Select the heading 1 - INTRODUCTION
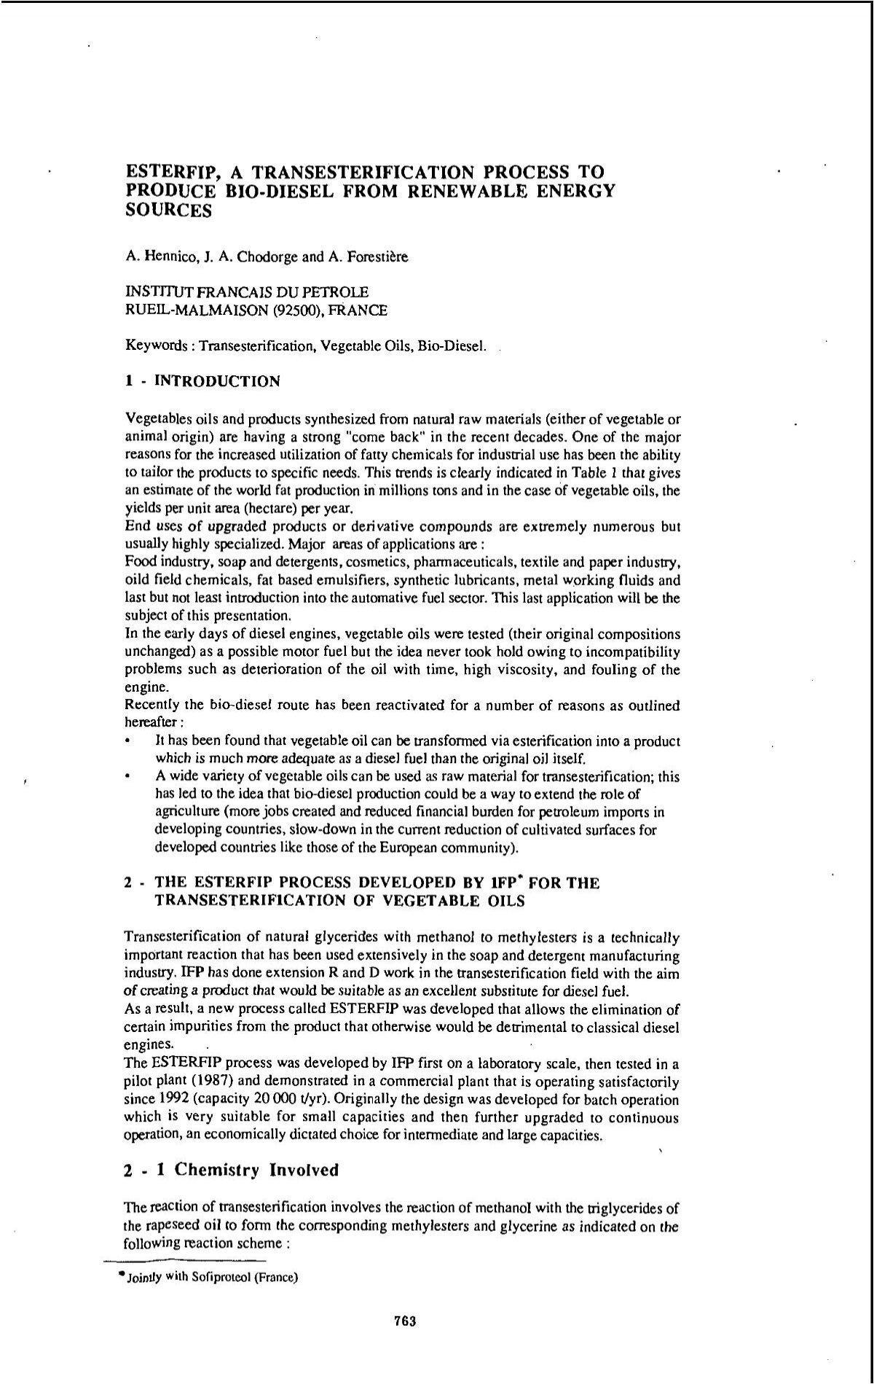tap(202, 381)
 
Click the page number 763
tap(404, 1321)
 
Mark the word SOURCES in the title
tap(169, 211)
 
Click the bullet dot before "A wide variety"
tap(128, 777)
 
